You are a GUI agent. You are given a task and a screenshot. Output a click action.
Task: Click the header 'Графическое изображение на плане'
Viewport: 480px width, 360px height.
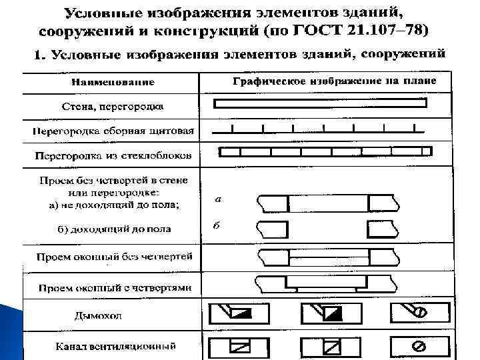click(334, 81)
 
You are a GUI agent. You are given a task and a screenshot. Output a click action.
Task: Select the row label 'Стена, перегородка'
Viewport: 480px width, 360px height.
click(113, 107)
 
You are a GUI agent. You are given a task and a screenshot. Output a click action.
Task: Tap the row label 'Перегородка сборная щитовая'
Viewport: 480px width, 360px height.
click(113, 131)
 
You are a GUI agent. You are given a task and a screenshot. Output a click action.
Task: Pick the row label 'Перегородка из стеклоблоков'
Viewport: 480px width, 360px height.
click(113, 156)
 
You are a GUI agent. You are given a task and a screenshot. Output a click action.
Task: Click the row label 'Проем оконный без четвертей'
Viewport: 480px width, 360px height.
click(114, 256)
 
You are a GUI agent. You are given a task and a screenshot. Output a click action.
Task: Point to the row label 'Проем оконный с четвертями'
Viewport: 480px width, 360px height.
click(114, 288)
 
